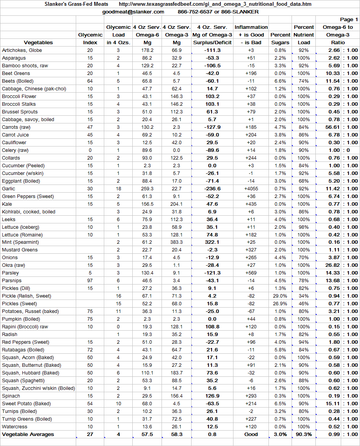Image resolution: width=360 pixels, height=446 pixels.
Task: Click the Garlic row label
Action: point(8,189)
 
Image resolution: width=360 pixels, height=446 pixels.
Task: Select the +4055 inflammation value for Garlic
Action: point(251,189)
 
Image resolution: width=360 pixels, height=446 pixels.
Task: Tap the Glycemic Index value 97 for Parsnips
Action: point(90,281)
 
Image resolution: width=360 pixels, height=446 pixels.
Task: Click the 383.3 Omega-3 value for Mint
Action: point(177,242)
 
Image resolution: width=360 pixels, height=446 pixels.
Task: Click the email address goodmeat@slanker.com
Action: point(133,12)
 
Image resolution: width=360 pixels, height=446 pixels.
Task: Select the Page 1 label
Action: point(349,20)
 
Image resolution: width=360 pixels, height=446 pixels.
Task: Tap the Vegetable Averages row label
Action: point(28,434)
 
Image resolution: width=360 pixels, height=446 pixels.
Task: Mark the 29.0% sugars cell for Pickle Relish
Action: point(280,296)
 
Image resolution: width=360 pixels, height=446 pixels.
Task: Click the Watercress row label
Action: point(15,427)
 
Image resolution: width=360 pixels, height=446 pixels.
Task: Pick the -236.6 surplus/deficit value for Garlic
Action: point(212,189)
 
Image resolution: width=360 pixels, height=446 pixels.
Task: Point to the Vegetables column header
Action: point(38,43)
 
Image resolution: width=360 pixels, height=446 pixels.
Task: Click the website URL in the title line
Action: point(215,4)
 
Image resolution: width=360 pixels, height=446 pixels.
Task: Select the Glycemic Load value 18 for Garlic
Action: point(118,189)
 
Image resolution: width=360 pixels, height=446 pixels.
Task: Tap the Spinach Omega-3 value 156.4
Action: point(177,396)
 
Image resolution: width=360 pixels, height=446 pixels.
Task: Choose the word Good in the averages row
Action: point(251,434)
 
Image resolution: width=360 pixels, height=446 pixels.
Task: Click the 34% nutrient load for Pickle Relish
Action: point(304,296)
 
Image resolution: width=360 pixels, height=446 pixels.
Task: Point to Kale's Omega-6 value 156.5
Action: point(147,204)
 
